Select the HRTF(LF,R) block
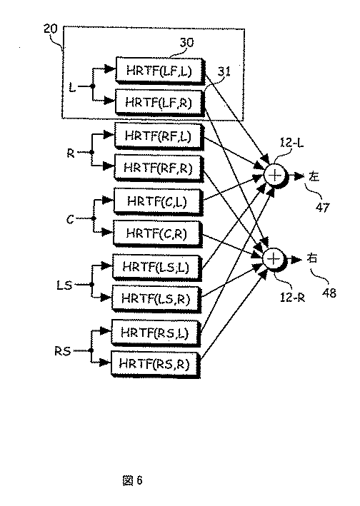(x=159, y=103)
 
